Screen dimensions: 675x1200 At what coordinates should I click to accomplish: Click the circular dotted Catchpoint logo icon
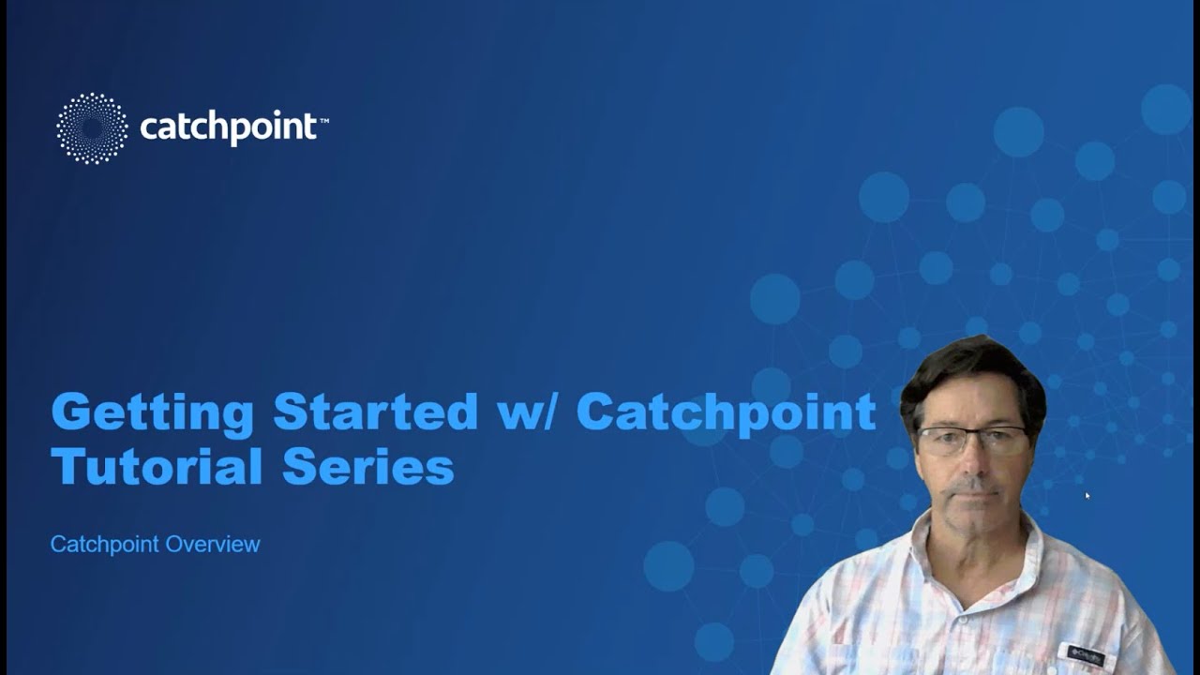tap(92, 128)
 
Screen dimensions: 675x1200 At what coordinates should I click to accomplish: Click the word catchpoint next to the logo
tap(228, 127)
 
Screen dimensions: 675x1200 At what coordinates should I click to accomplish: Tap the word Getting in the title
tap(152, 412)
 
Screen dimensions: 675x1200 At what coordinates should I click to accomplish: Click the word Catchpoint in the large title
tap(726, 413)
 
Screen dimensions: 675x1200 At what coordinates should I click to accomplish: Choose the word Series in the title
tap(368, 466)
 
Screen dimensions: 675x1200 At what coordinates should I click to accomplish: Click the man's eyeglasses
tap(971, 440)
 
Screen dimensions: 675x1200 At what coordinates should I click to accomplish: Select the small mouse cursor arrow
tap(1087, 494)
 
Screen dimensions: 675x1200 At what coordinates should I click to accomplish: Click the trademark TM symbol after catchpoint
tap(323, 120)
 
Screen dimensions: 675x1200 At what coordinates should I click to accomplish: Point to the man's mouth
tap(972, 490)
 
